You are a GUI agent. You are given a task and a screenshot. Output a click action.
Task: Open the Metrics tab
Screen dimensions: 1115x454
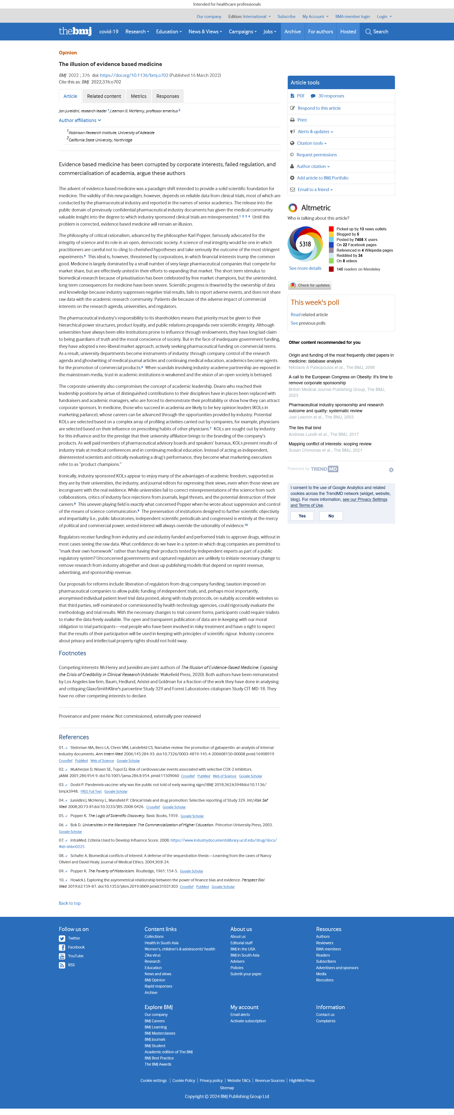pyautogui.click(x=139, y=96)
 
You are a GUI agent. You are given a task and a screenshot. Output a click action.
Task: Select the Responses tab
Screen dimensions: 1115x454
pyautogui.click(x=167, y=96)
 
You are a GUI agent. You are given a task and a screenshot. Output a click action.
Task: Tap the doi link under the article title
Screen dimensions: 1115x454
pyautogui.click(x=134, y=75)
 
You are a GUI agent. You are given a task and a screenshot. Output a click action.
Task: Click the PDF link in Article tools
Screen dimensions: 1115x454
pyautogui.click(x=300, y=96)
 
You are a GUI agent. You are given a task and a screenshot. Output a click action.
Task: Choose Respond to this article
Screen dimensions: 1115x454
pyautogui.click(x=319, y=108)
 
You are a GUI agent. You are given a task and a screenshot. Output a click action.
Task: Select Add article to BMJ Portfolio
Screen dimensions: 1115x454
pyautogui.click(x=323, y=178)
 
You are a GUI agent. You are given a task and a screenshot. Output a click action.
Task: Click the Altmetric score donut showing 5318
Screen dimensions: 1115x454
pyautogui.click(x=305, y=244)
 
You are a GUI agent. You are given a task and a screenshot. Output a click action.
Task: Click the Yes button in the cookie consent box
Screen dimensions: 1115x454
pyautogui.click(x=302, y=516)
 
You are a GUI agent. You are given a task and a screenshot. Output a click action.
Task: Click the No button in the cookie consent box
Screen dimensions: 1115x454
pyautogui.click(x=331, y=516)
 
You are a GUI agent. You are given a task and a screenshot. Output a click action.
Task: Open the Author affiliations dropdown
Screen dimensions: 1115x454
pyautogui.click(x=80, y=120)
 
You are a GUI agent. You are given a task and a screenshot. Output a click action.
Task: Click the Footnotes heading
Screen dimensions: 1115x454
pyautogui.click(x=72, y=653)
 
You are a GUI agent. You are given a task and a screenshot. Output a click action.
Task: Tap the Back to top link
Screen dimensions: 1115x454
pyautogui.click(x=70, y=903)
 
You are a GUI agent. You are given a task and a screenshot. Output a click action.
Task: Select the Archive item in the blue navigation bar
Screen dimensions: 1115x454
pyautogui.click(x=292, y=32)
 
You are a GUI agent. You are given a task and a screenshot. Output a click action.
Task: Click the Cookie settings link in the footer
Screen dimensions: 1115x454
pyautogui.click(x=153, y=1080)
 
